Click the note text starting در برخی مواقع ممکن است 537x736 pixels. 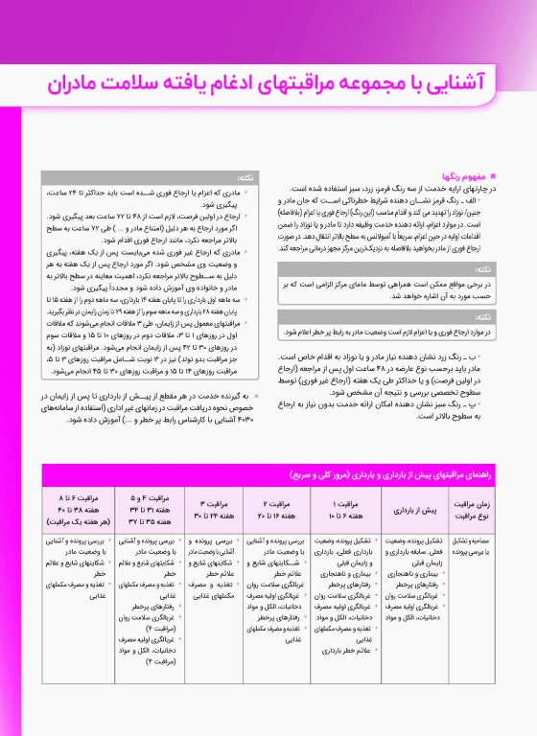click(x=384, y=285)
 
